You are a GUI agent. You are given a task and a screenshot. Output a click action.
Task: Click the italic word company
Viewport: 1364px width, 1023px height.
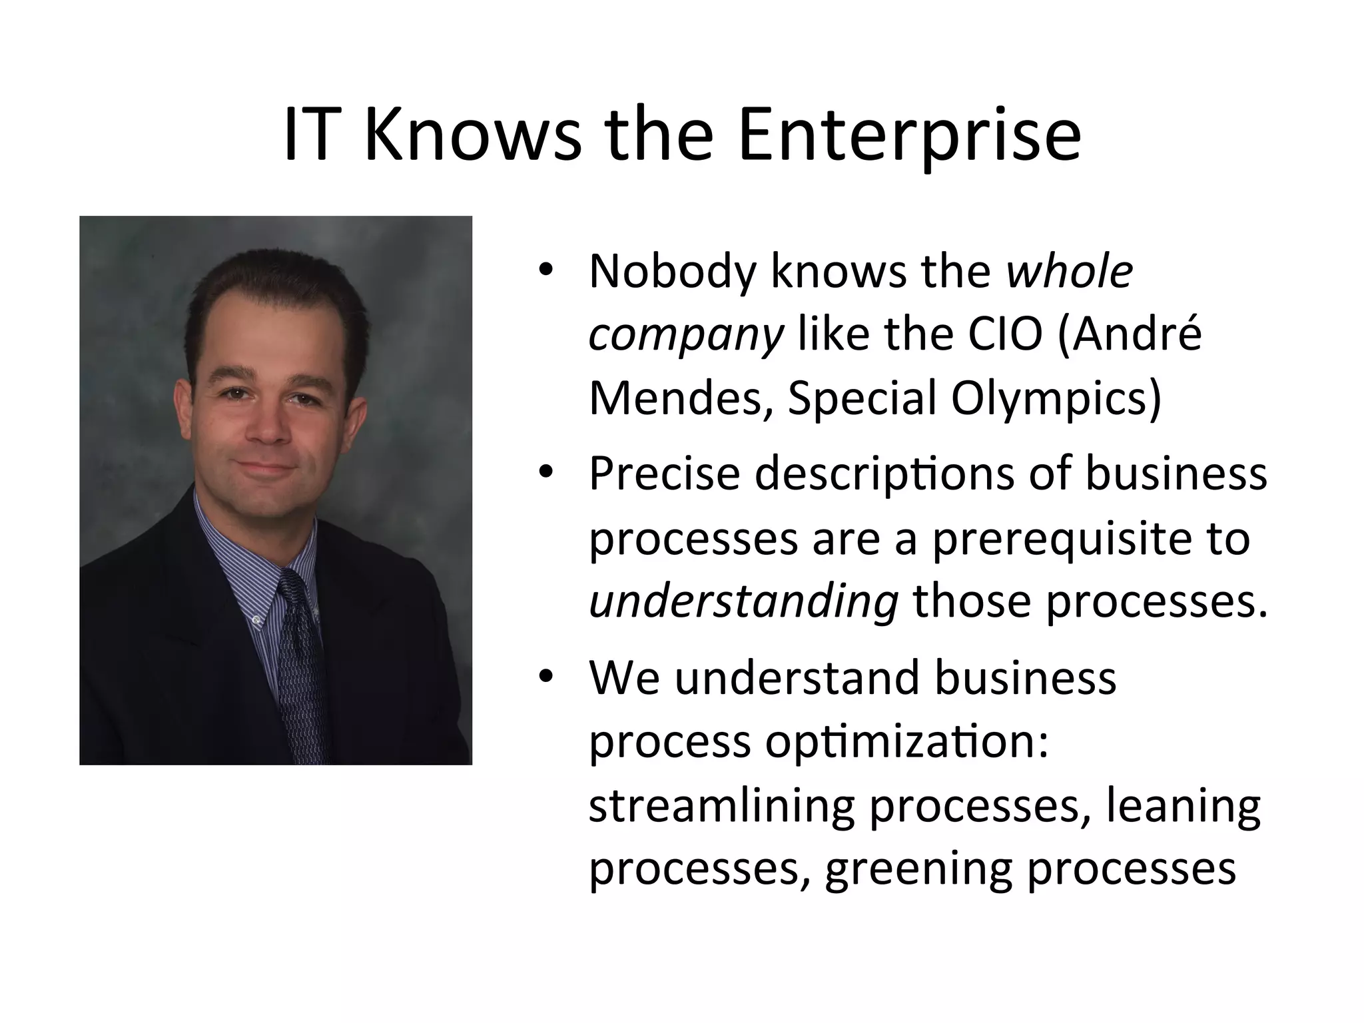click(685, 336)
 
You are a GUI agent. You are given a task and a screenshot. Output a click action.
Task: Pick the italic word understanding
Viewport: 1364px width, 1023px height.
click(743, 602)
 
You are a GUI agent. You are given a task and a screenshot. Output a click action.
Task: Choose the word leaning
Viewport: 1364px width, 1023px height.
click(1183, 807)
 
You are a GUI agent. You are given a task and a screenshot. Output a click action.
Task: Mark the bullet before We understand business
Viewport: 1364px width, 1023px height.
click(546, 677)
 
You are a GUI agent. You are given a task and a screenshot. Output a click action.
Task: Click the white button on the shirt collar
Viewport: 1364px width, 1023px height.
click(257, 619)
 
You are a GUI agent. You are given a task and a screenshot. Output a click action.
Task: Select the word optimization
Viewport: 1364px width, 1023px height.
click(906, 743)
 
